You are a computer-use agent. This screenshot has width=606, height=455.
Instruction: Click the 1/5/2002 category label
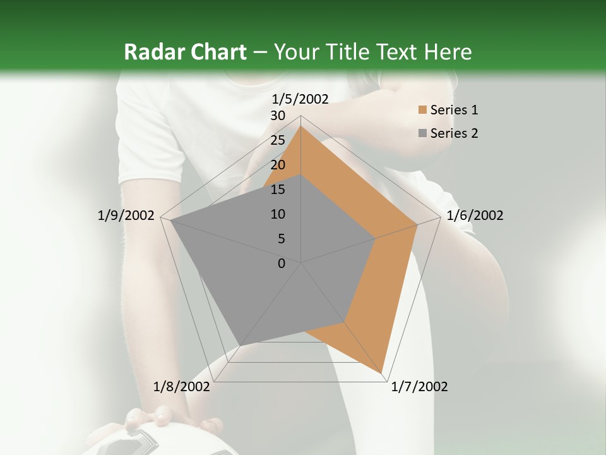[x=300, y=99]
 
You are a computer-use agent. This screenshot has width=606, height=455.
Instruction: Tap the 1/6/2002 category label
[x=475, y=215]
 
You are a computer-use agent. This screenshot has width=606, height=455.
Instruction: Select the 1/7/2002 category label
[x=419, y=387]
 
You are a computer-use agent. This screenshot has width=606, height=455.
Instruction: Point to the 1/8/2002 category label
[x=182, y=387]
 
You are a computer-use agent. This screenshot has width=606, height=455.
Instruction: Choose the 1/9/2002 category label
[x=126, y=215]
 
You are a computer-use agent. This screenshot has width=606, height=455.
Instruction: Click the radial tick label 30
[x=278, y=116]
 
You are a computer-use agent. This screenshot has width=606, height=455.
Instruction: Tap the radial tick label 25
[x=278, y=140]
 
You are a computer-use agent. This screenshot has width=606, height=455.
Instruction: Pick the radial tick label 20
[x=278, y=165]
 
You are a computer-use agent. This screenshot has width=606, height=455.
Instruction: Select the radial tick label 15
[x=278, y=190]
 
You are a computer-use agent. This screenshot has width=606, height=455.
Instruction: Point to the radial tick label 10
[x=278, y=214]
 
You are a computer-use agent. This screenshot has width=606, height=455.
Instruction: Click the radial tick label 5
[x=281, y=239]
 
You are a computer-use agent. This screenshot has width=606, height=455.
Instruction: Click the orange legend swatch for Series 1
[x=422, y=111]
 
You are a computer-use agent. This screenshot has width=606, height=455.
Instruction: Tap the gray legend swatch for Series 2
[x=422, y=133]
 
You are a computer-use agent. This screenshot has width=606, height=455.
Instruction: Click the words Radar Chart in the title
[x=185, y=52]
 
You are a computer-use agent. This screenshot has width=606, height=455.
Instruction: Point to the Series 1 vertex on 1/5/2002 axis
[x=300, y=126]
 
